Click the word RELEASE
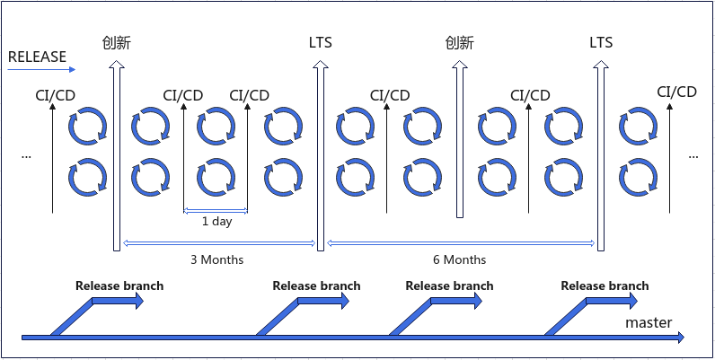click(37, 57)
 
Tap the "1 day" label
click(216, 221)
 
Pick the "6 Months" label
click(458, 259)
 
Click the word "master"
click(649, 322)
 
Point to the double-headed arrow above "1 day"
click(216, 211)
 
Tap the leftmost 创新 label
click(117, 42)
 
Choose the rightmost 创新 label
click(459, 42)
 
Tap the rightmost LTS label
click(601, 42)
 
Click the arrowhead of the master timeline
click(679, 338)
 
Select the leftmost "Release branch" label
click(119, 286)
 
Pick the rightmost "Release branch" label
click(605, 286)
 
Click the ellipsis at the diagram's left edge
click(25, 155)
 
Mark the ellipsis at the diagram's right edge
click(693, 155)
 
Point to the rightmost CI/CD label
click(676, 92)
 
